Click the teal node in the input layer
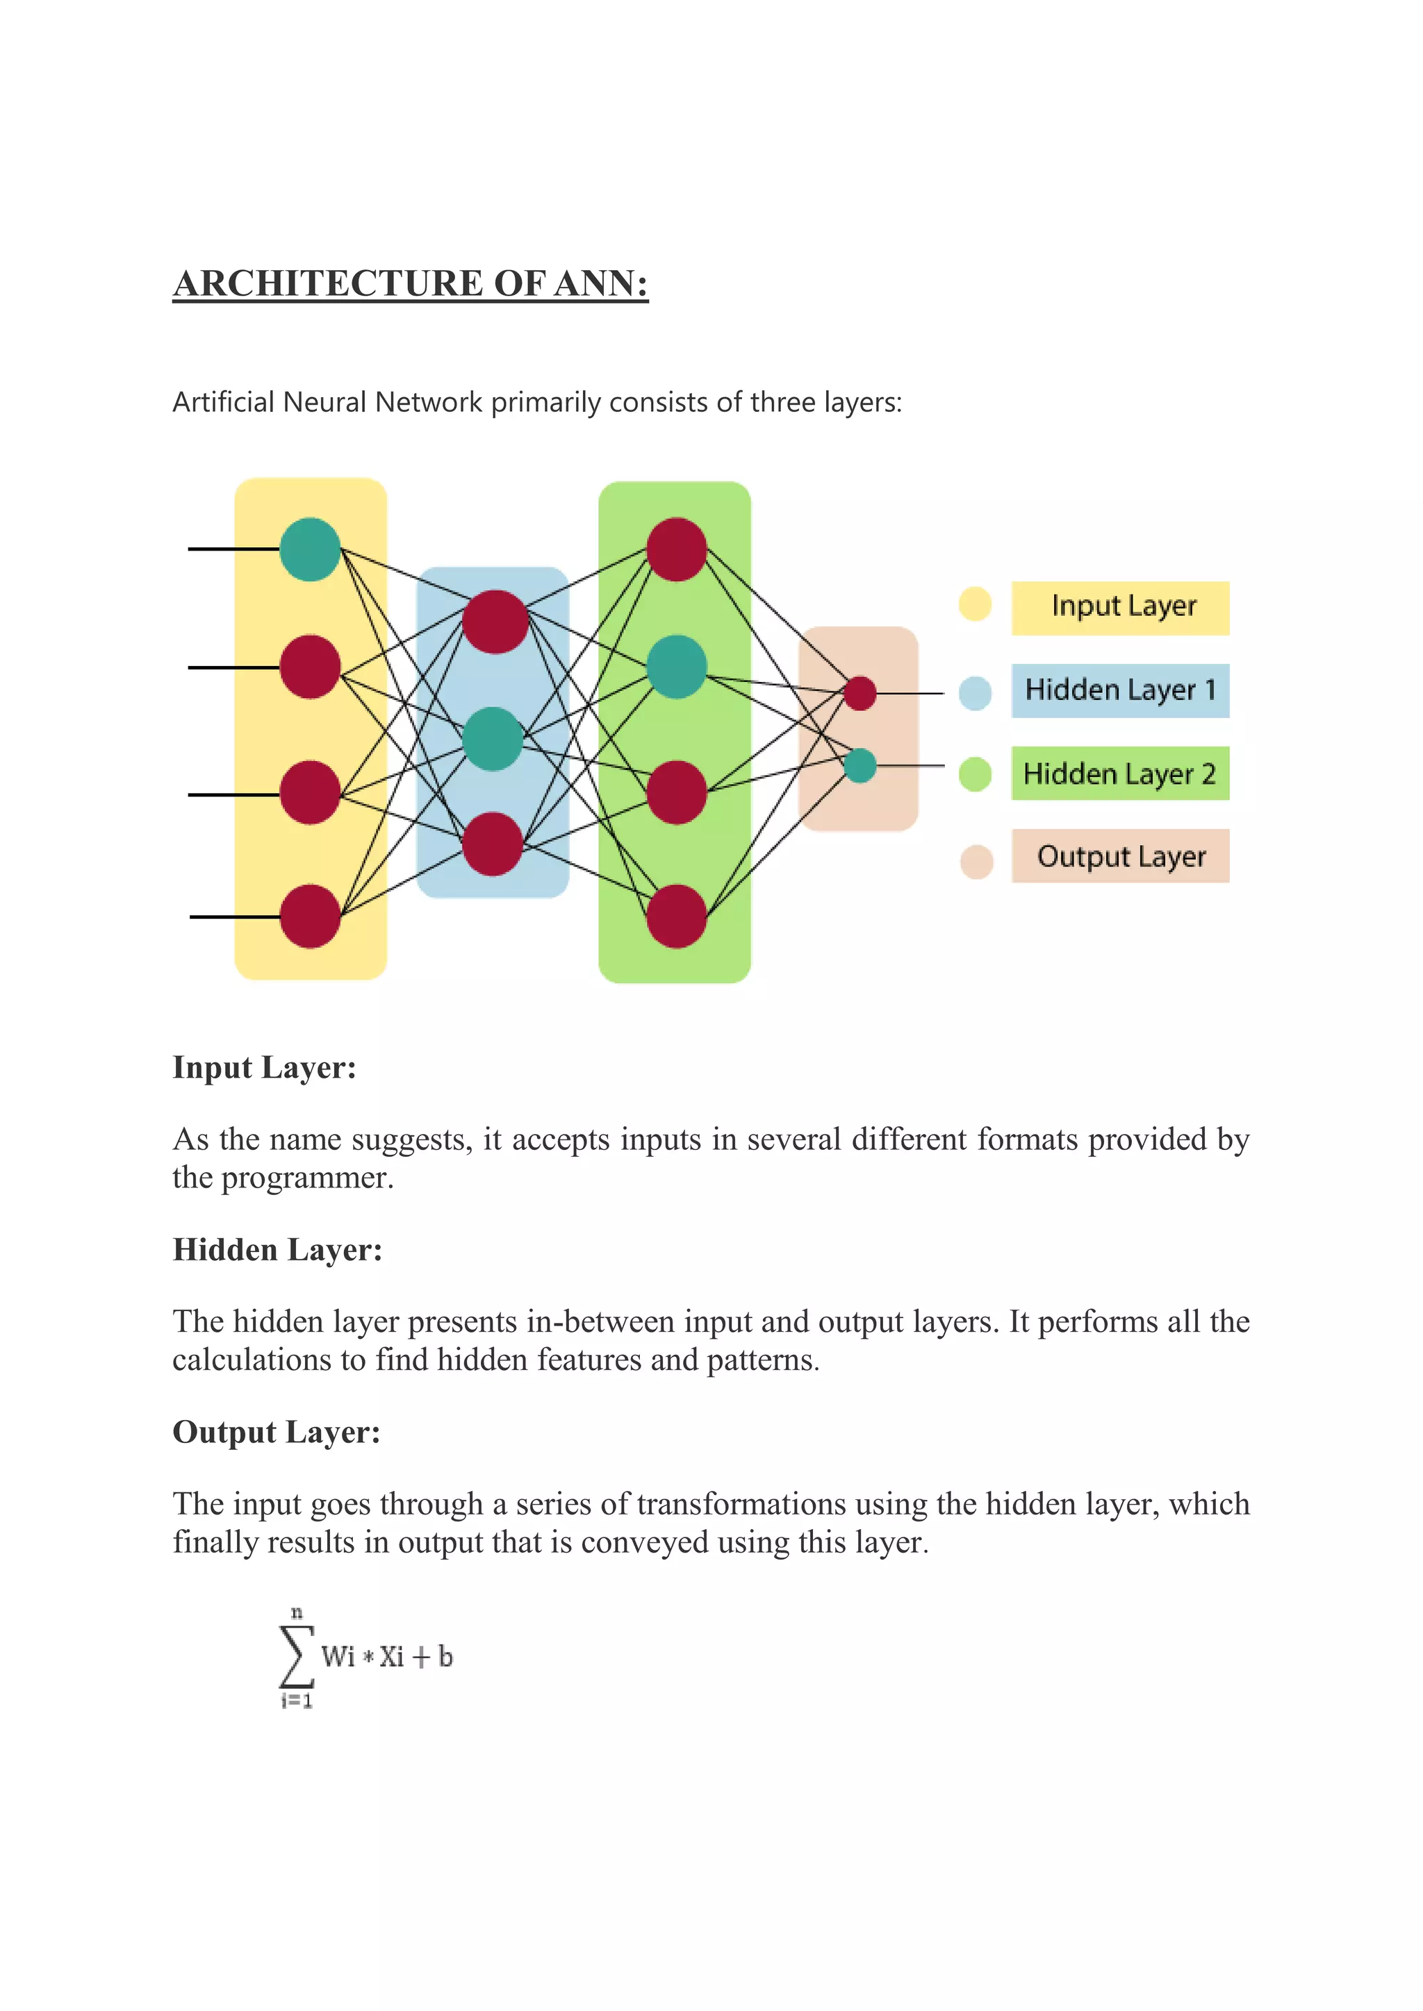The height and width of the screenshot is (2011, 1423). pyautogui.click(x=310, y=549)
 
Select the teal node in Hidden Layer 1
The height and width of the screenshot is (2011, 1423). pyautogui.click(x=493, y=738)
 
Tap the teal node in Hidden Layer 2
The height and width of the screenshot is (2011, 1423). pyautogui.click(x=677, y=667)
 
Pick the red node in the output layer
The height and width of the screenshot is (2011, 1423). pyautogui.click(x=859, y=693)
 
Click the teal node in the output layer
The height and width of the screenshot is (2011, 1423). pyautogui.click(x=859, y=765)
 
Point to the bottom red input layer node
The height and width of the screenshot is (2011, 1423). pyautogui.click(x=310, y=916)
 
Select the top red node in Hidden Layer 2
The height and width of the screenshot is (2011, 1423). pyautogui.click(x=677, y=549)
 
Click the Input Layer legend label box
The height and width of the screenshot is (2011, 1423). pyautogui.click(x=1120, y=607)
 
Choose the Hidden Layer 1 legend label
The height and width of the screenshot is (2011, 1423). pyautogui.click(x=1120, y=690)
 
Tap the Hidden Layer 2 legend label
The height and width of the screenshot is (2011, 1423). pyautogui.click(x=1120, y=774)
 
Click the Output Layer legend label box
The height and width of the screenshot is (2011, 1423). pyautogui.click(x=1120, y=856)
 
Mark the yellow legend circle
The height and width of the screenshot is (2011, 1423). pyautogui.click(x=974, y=603)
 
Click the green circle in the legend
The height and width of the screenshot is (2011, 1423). pyautogui.click(x=974, y=774)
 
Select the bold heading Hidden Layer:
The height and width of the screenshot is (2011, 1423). pyautogui.click(x=278, y=1250)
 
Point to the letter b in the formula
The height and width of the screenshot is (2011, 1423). pyautogui.click(x=445, y=1656)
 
